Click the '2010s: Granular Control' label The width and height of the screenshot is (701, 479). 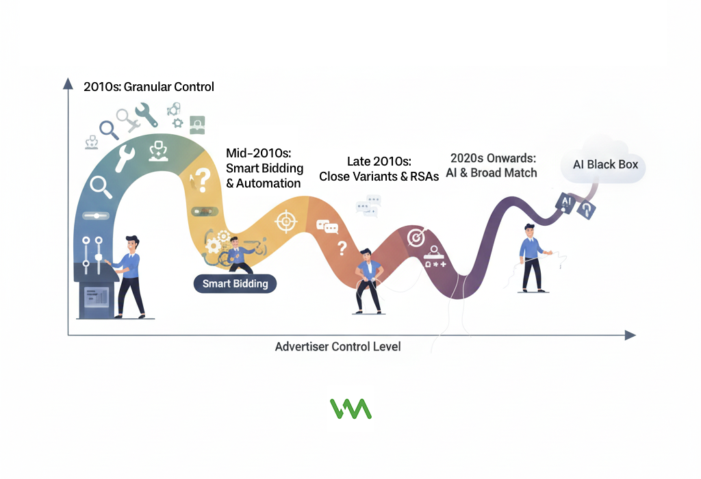pyautogui.click(x=149, y=87)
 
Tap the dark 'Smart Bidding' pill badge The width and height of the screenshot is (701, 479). pyautogui.click(x=235, y=283)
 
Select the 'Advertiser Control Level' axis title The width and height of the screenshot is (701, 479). pyautogui.click(x=337, y=347)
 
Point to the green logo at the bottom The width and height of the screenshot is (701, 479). pyautogui.click(x=350, y=409)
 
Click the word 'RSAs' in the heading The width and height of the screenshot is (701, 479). pyautogui.click(x=424, y=176)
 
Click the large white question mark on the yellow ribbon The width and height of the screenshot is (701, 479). pyautogui.click(x=202, y=180)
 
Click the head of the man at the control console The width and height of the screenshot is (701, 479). pyautogui.click(x=133, y=243)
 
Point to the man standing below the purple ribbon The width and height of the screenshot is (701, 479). pyautogui.click(x=531, y=258)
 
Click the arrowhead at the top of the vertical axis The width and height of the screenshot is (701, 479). pyautogui.click(x=68, y=83)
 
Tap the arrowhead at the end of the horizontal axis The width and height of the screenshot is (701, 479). pyautogui.click(x=630, y=335)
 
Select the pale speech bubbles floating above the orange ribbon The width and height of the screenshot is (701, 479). pyautogui.click(x=368, y=205)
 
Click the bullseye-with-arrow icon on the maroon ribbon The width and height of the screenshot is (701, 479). pyautogui.click(x=415, y=237)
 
